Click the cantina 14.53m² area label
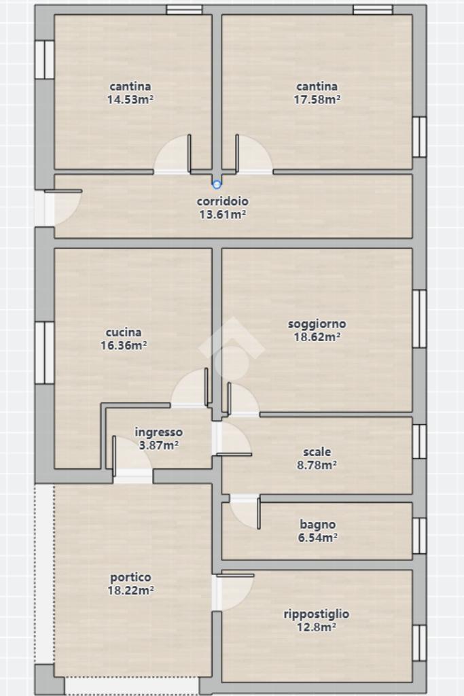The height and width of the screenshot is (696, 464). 130,92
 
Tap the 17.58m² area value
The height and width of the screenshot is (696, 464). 317,99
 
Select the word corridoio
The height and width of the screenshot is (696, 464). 223,201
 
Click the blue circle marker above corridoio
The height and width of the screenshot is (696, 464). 217,184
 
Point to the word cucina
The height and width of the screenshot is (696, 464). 124,332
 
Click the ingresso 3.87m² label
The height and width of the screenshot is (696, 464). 159,438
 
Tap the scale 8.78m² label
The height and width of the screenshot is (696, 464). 317,459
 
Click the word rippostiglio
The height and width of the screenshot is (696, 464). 317,614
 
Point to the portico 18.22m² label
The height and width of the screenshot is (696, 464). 131,584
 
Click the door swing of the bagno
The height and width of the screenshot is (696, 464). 245,512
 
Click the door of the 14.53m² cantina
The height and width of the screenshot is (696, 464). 173,154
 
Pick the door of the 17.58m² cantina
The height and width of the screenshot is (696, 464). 253,154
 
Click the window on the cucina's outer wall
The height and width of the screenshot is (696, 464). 44,353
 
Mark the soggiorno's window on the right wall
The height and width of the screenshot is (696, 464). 419,319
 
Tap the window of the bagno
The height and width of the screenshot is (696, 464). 419,536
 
